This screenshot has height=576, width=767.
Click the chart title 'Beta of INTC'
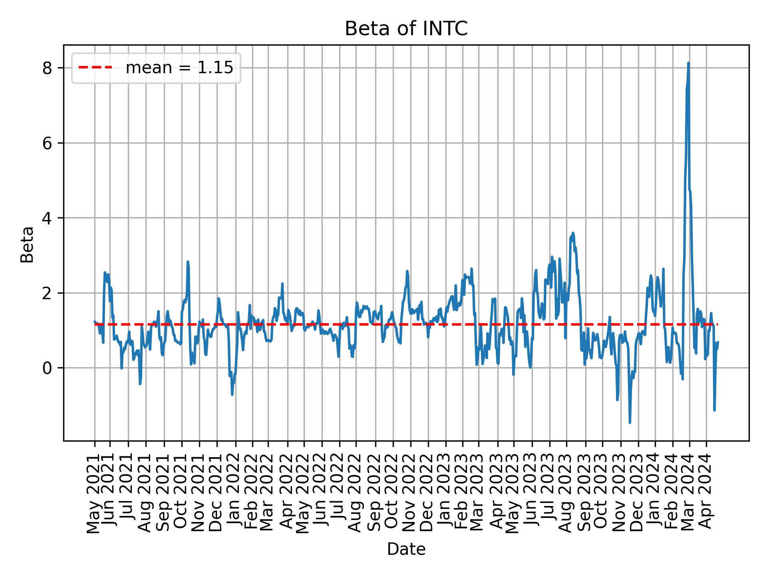(x=406, y=29)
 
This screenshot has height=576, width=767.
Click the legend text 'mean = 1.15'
(x=179, y=68)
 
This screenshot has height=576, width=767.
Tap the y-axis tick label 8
(x=48, y=68)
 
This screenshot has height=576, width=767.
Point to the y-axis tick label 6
(x=48, y=143)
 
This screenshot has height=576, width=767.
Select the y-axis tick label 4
(x=48, y=218)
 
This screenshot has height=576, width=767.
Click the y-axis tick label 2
(x=48, y=293)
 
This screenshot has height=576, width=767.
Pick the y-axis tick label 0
(x=48, y=368)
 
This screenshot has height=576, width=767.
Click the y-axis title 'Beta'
(x=27, y=244)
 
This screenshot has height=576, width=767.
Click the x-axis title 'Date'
(x=406, y=550)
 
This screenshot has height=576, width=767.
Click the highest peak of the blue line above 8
(x=688, y=63)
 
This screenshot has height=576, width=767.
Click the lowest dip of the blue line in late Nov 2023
(x=630, y=422)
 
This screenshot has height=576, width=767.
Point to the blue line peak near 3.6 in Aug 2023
(x=573, y=233)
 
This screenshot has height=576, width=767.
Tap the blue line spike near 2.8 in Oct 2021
(x=187, y=262)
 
